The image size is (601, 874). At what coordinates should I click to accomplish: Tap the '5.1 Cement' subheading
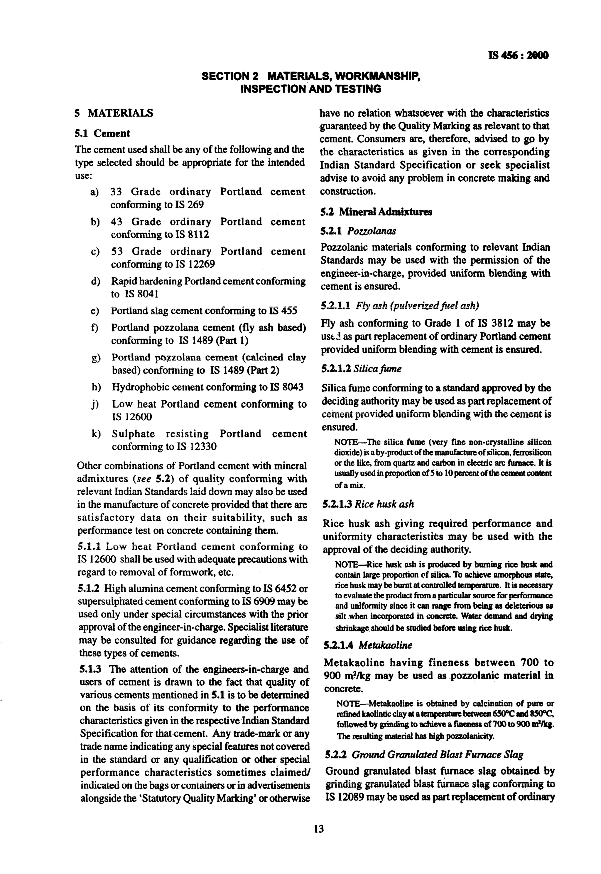(102, 133)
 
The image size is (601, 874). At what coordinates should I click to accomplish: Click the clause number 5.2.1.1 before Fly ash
(335, 305)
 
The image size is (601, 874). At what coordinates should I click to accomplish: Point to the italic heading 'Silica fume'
(377, 369)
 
